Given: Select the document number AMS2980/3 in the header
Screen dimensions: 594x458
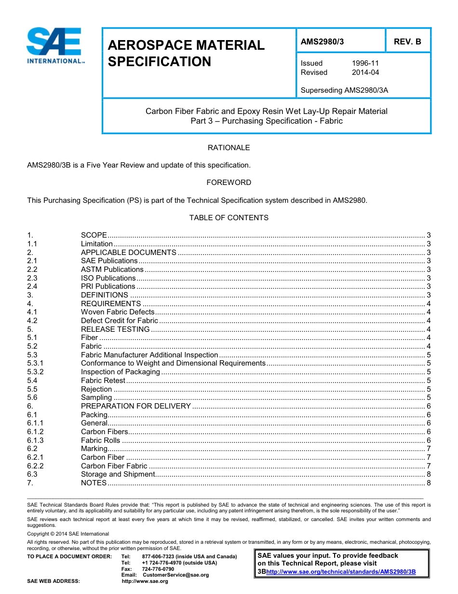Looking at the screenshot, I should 323,42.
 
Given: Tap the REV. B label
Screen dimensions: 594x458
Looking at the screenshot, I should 407,42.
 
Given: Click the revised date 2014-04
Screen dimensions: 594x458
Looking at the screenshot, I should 365,72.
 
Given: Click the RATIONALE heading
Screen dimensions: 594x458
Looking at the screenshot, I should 229,148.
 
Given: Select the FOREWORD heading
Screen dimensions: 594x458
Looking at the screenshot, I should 229,183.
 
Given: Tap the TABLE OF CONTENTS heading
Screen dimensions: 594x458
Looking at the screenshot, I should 229,218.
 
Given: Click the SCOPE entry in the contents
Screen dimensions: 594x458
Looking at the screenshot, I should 94,235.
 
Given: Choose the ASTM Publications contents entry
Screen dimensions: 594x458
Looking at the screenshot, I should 112,269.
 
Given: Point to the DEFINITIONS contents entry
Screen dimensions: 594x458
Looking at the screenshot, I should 104,295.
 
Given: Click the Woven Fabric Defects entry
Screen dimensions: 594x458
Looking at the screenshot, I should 117,312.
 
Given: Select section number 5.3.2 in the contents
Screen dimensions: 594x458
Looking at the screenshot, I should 35,372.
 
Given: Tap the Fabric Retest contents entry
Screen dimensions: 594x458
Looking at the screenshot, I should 103,381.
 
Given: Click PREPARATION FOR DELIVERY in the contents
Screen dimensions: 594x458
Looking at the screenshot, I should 135,406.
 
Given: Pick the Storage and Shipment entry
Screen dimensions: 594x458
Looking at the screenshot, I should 118,474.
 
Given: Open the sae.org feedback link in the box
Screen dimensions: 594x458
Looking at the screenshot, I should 340,572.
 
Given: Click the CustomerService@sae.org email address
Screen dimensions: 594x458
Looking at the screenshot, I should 175,575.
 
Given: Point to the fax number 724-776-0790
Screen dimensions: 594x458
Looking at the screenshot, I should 158,569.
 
